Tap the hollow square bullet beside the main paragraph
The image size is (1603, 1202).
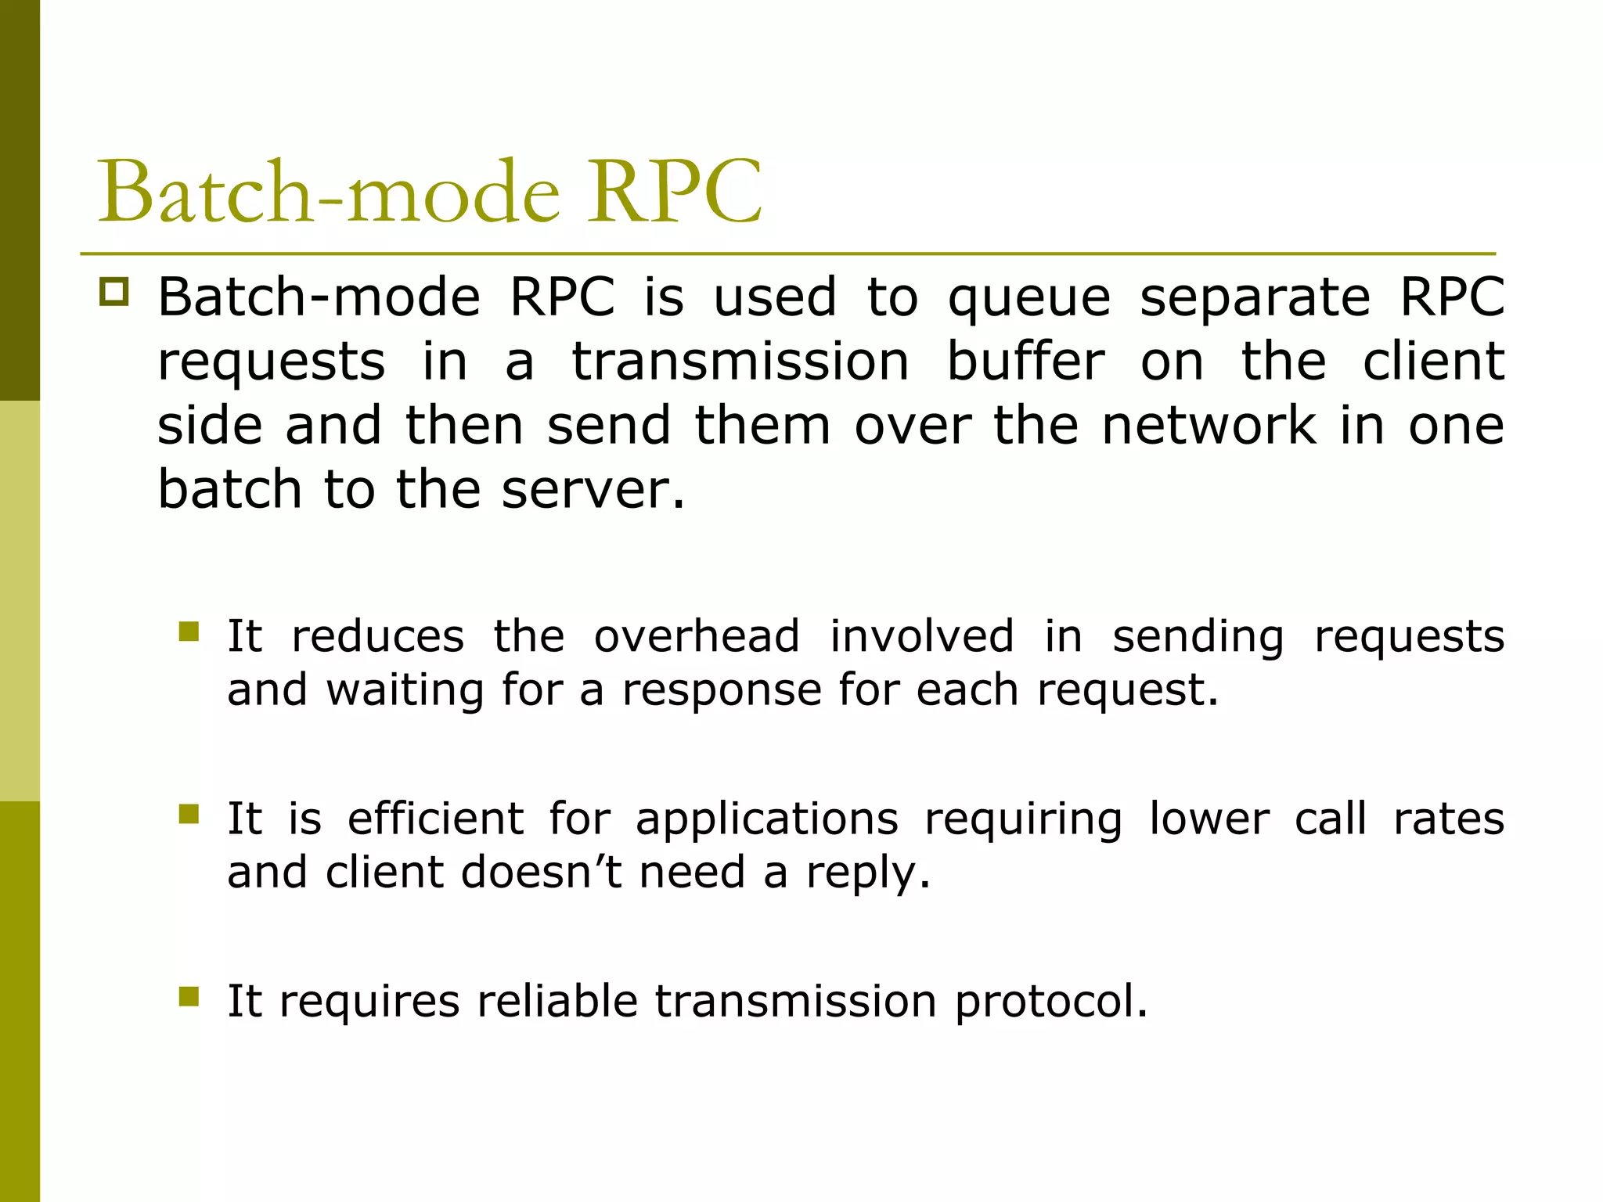tap(114, 292)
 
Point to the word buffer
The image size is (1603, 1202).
tap(1025, 362)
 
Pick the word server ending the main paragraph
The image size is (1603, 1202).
tap(592, 490)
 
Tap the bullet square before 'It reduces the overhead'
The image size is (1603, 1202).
tap(189, 632)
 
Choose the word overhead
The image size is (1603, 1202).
tap(697, 636)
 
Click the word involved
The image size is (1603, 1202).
tap(921, 636)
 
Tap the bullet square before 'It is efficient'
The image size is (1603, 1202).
tap(189, 815)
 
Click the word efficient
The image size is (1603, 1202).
tap(435, 819)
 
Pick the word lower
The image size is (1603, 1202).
tap(1209, 819)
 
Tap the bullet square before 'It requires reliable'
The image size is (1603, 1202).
tap(189, 996)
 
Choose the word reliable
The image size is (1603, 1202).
tap(557, 1001)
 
